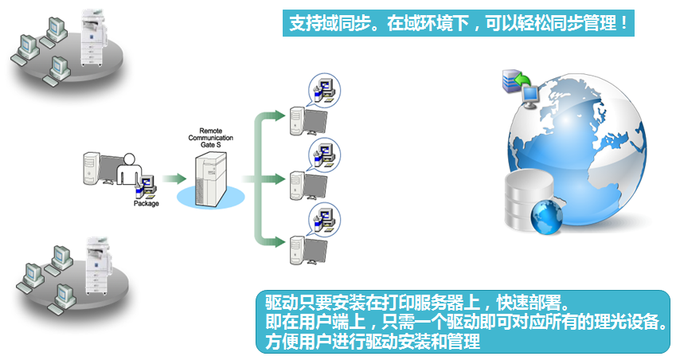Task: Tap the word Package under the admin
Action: click(146, 204)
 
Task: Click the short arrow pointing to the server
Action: click(174, 178)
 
